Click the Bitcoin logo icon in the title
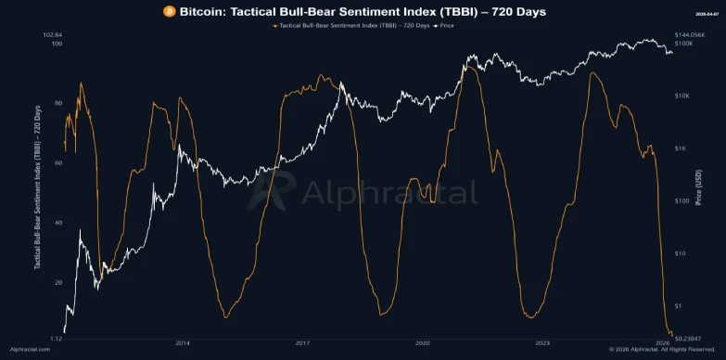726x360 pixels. (x=169, y=11)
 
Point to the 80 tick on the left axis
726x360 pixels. (x=57, y=103)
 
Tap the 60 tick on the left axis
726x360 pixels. (x=57, y=162)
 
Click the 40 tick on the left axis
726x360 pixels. (x=57, y=223)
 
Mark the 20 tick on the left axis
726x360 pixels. (x=57, y=282)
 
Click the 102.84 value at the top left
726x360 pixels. (x=52, y=34)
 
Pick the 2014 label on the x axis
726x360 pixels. (x=182, y=342)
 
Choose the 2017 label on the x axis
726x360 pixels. (x=301, y=342)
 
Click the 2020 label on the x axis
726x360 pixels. (x=422, y=342)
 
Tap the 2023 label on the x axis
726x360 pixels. (x=541, y=342)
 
